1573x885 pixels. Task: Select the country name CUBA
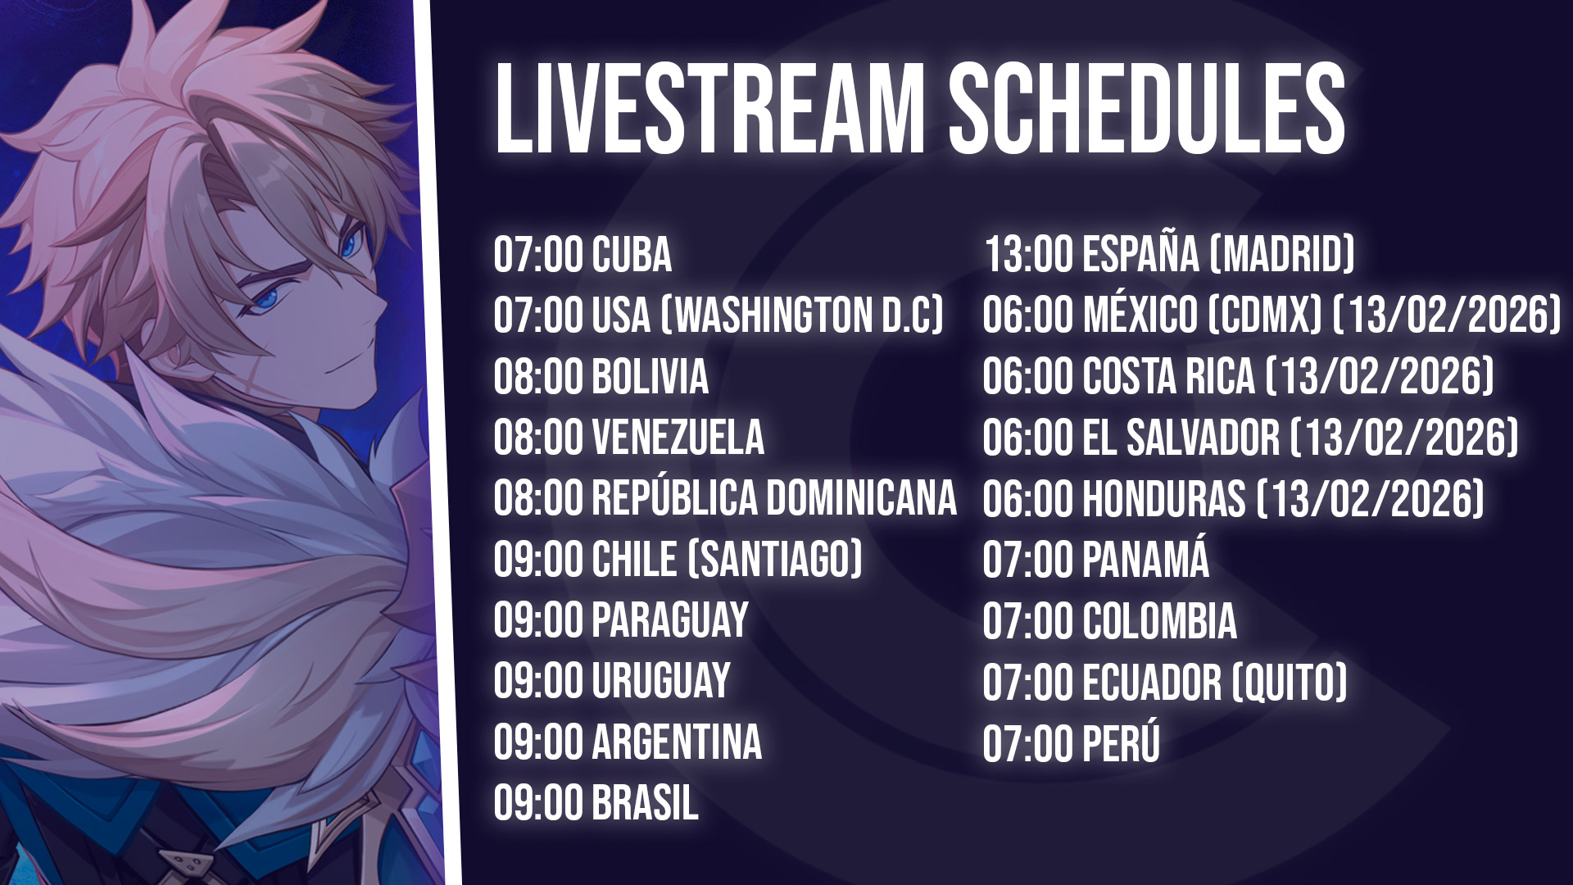[632, 254]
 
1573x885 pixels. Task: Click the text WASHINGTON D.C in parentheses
[802, 315]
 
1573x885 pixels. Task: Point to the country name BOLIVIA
[650, 376]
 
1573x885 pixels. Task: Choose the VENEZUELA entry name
[678, 437]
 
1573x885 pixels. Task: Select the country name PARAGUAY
[670, 620]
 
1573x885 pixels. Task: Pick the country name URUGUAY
[660, 681]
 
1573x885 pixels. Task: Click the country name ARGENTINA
[677, 742]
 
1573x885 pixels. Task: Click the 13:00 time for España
[1028, 254]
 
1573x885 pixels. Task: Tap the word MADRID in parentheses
[1282, 254]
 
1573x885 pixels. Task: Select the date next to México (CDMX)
[1448, 315]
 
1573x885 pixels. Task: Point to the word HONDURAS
[1163, 498]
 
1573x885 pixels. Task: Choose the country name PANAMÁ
[1145, 559]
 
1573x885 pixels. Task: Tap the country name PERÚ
[1121, 742]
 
